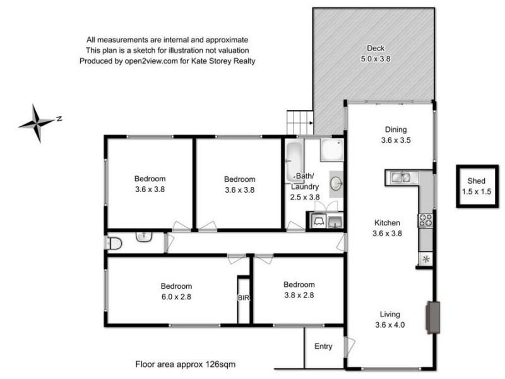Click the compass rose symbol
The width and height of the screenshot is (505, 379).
(37, 123)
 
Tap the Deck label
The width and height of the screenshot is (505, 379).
(376, 48)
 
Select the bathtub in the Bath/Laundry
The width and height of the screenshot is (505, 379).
(295, 160)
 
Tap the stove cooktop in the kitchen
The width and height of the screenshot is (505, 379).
(425, 220)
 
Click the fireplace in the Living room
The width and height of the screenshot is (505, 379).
(433, 317)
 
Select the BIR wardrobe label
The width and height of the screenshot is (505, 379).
(244, 298)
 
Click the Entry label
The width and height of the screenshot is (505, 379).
(324, 346)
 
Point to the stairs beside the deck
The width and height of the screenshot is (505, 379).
(300, 122)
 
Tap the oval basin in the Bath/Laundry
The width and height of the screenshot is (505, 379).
(336, 184)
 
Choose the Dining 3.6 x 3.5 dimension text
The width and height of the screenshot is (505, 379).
(396, 141)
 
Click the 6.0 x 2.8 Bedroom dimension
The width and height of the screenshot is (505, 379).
(175, 295)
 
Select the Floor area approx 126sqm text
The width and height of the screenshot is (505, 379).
(186, 364)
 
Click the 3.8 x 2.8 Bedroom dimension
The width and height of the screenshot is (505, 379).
(299, 294)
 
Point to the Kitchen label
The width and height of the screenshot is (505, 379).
(388, 222)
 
